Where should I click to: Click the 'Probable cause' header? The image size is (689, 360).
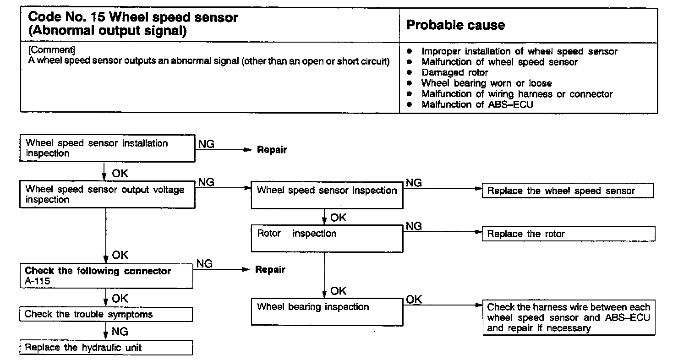tap(455, 25)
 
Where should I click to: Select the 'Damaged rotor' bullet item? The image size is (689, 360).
tap(454, 72)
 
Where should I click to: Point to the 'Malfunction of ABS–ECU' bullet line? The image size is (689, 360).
tap(477, 104)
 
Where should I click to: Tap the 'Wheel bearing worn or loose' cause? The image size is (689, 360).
tap(487, 83)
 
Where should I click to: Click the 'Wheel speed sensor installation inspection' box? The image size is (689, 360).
tap(107, 148)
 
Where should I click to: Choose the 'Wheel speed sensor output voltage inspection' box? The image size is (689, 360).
tap(107, 195)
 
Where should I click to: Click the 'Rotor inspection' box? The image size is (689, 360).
tap(327, 238)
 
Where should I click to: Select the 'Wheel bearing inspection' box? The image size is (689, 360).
tap(327, 311)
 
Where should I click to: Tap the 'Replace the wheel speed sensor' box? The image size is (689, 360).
tap(568, 191)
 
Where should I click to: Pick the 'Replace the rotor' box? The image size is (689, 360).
tap(568, 234)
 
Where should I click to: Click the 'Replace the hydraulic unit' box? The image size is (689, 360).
tap(106, 348)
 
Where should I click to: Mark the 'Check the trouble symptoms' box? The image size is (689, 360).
tap(106, 314)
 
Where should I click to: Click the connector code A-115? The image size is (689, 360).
tap(38, 281)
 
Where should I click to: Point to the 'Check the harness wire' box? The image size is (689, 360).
tap(569, 317)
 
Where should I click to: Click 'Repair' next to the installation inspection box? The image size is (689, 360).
tap(272, 150)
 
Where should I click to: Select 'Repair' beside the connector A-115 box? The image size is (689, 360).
tap(270, 270)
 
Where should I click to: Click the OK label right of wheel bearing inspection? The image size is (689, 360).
tap(414, 300)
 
